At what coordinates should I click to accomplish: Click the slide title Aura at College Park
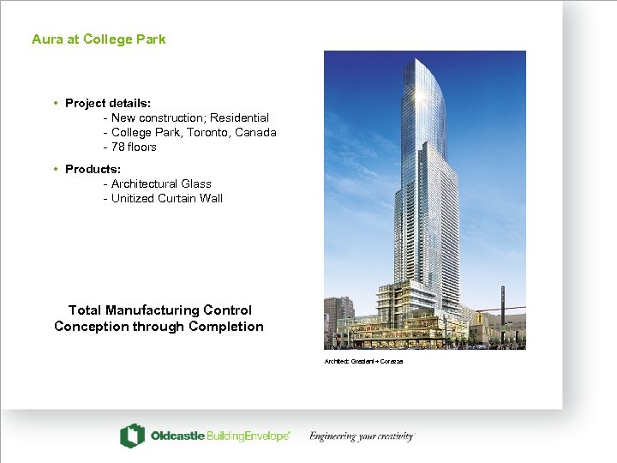(99, 39)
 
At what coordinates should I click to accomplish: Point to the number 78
(118, 147)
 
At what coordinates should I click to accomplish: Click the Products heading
(93, 169)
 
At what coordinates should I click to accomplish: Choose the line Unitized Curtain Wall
(167, 198)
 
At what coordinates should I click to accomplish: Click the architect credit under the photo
(363, 361)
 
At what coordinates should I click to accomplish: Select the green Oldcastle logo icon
(132, 436)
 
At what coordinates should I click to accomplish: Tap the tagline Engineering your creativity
(362, 436)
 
